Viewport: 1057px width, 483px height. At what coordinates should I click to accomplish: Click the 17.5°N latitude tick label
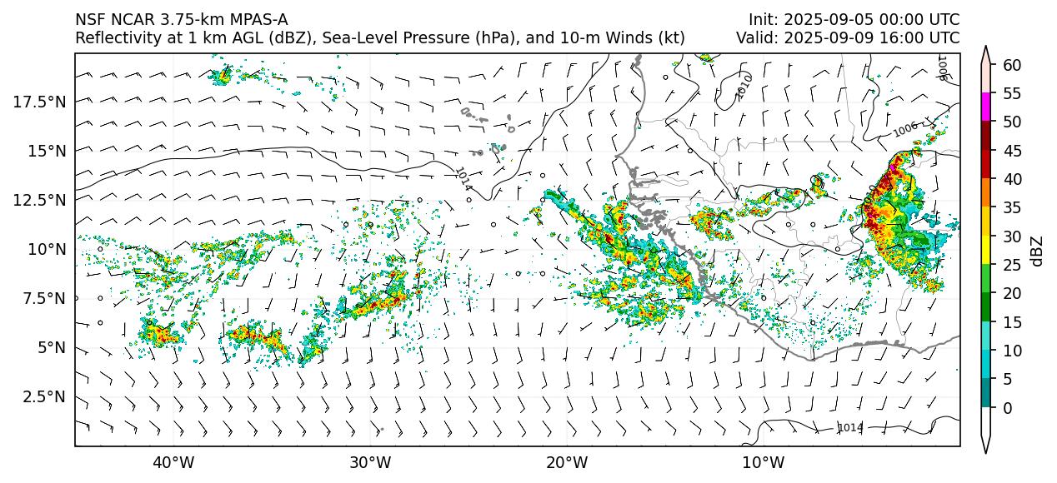pyautogui.click(x=43, y=101)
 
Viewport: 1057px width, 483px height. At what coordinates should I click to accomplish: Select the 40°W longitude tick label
pyautogui.click(x=173, y=462)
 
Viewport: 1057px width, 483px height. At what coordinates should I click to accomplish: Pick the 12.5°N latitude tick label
pyautogui.click(x=43, y=200)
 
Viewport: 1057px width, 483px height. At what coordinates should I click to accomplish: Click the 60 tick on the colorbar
pyautogui.click(x=1012, y=65)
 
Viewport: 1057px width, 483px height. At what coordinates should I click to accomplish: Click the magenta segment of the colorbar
pyautogui.click(x=986, y=107)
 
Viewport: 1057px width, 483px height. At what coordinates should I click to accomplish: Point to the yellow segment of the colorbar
pyautogui.click(x=986, y=251)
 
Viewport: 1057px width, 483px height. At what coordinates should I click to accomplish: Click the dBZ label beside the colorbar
pyautogui.click(x=1038, y=251)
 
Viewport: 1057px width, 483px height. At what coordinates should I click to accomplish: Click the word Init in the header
pyautogui.click(x=762, y=20)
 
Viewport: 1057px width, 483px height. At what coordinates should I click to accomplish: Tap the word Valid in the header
pyautogui.click(x=755, y=38)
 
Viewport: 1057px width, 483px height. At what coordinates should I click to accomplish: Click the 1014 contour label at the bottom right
pyautogui.click(x=850, y=428)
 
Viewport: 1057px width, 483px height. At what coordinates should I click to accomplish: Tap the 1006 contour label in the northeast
pyautogui.click(x=905, y=131)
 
